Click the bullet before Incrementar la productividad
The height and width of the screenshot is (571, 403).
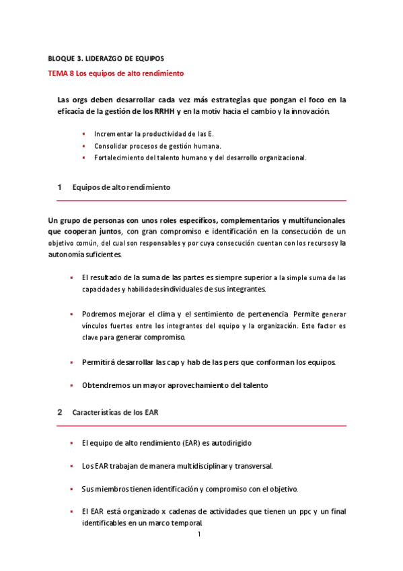[84, 134]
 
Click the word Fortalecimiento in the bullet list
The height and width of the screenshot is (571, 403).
[118, 158]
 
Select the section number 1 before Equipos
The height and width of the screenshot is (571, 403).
[59, 187]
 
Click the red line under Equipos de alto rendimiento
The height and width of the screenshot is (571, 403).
[201, 201]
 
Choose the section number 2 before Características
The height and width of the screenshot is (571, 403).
[59, 412]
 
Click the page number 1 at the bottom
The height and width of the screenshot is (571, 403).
[200, 535]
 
